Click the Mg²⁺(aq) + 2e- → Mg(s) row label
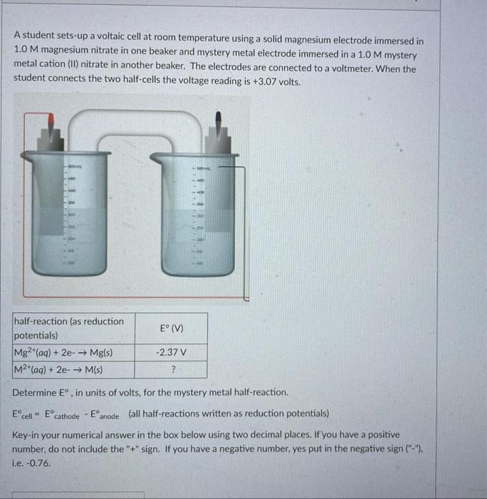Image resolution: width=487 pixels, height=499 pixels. (64, 353)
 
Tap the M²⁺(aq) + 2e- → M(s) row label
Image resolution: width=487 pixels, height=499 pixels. (58, 369)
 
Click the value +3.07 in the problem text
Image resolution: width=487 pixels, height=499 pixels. (266, 82)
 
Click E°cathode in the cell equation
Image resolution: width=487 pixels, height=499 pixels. (61, 414)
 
